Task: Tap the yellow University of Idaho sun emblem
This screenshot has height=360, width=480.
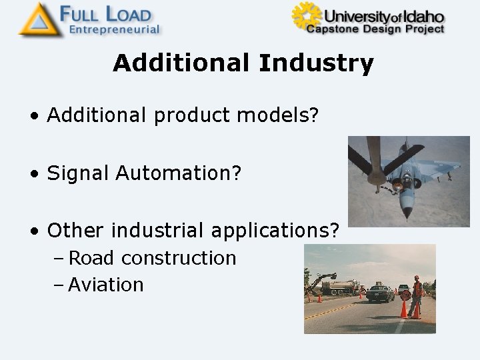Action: (x=305, y=17)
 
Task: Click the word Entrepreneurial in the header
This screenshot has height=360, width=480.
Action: (x=115, y=29)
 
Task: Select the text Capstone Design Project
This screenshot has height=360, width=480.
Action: (x=375, y=29)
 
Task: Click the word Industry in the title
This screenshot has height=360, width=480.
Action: (x=316, y=63)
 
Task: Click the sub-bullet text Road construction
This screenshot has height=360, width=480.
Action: (x=152, y=258)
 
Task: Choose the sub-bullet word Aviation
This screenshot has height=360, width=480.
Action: (x=106, y=285)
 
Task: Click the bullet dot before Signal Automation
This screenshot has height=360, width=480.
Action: (x=33, y=174)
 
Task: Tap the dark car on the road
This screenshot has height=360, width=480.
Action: (x=379, y=293)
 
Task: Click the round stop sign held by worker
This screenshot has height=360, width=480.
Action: (x=405, y=295)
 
